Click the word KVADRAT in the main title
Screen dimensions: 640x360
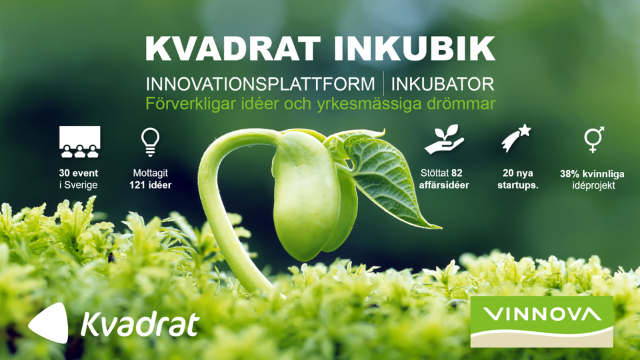point(233,49)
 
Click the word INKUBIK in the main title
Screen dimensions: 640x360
point(414,49)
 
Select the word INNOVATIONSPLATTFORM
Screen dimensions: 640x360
point(261,84)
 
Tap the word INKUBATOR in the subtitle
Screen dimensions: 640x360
point(443,84)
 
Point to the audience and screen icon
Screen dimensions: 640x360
point(79,141)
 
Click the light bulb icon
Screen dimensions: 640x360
point(150,141)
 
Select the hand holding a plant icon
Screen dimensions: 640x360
point(444,139)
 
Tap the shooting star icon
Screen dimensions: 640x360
point(516,139)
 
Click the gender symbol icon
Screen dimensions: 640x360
point(594,139)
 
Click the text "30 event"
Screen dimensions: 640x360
point(79,173)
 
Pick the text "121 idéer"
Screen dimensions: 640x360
point(150,185)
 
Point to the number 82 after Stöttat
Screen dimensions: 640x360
point(457,173)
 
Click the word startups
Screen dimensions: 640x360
point(517,185)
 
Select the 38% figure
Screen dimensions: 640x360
point(570,174)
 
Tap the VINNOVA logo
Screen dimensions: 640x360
point(541,321)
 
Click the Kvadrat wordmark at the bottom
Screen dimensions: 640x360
point(140,324)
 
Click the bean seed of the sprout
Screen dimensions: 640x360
point(306,196)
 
